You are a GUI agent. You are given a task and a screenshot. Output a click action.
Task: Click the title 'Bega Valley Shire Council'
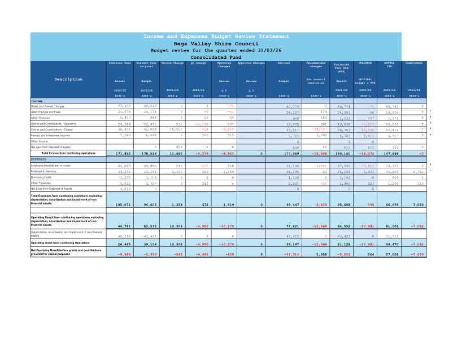click(216, 44)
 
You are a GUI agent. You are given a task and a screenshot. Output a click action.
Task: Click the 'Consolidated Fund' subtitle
click(216, 57)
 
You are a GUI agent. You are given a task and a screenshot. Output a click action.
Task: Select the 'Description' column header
click(68, 79)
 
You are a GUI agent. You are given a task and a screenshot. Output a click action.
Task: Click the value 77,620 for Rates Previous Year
click(124, 106)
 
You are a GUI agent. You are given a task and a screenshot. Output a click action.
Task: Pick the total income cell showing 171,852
click(123, 153)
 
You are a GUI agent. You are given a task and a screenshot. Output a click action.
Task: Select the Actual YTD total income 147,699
click(390, 153)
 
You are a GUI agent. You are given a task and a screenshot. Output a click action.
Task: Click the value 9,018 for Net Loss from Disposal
click(125, 189)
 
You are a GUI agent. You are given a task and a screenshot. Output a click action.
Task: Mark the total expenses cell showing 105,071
click(123, 204)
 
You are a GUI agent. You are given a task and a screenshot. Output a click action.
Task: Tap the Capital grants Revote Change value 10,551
click(176, 129)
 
